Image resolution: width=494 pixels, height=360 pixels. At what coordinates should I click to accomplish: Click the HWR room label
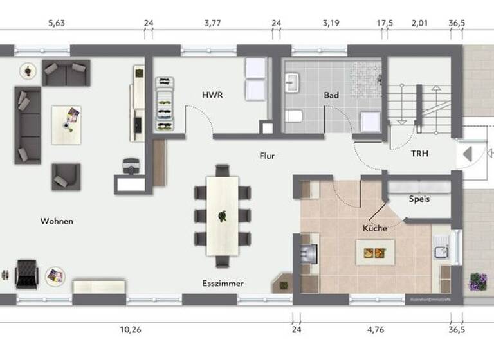tap(212, 95)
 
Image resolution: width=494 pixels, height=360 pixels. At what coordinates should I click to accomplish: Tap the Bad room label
tap(331, 95)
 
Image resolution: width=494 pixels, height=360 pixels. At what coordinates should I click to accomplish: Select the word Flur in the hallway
tap(267, 156)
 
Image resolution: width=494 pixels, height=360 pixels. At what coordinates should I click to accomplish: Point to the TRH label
tap(419, 154)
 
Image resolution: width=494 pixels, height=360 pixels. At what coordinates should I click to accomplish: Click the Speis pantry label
tap(419, 199)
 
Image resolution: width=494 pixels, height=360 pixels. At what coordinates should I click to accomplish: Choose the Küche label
tap(374, 228)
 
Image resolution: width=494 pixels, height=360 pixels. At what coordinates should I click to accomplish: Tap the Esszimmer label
tap(223, 283)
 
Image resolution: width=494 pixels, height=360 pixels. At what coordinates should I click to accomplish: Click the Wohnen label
tap(57, 221)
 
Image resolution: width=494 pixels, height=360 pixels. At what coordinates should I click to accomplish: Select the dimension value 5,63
tap(57, 24)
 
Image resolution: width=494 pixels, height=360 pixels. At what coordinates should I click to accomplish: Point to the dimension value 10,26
tap(131, 330)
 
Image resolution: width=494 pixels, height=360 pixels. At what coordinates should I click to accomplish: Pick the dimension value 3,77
tap(212, 24)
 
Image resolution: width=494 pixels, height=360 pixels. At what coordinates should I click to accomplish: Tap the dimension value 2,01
tap(419, 24)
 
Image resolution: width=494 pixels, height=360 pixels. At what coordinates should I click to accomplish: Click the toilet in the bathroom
tap(293, 116)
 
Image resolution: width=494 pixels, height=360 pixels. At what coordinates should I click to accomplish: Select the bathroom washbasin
tap(293, 82)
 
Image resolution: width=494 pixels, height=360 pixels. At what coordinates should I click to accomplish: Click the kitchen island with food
tap(375, 251)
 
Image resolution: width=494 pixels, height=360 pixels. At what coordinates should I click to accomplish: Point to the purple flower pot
tap(477, 282)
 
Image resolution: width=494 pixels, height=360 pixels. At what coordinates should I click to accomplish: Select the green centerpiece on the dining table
tap(223, 216)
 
